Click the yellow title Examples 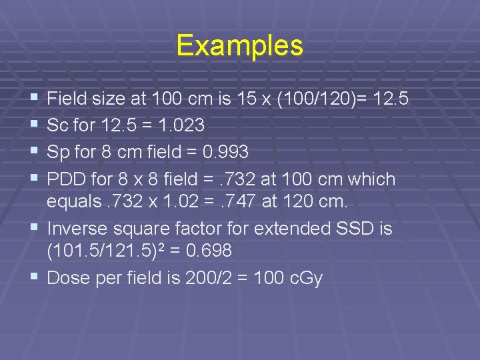pyautogui.click(x=239, y=46)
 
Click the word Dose pyautogui.click(x=69, y=278)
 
